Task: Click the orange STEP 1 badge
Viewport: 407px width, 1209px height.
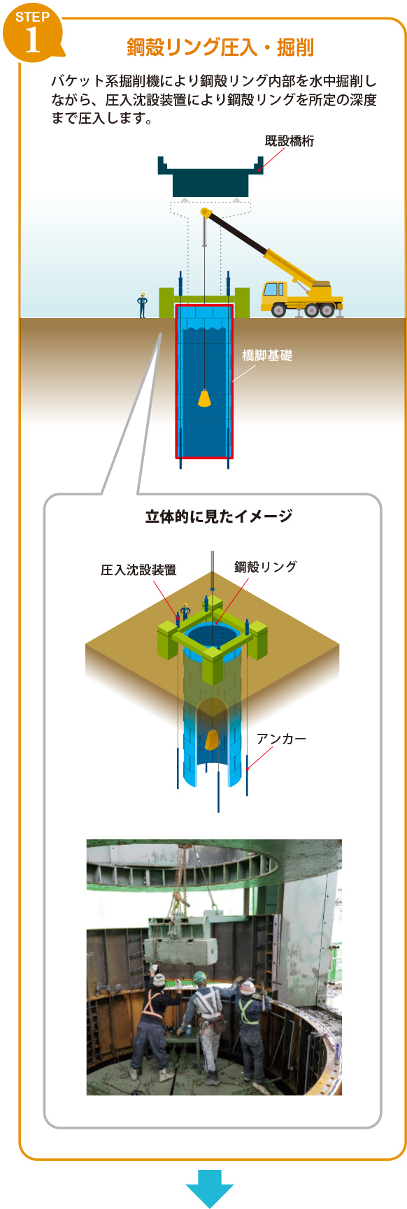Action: (32, 32)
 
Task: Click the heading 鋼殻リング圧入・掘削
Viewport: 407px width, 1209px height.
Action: (220, 48)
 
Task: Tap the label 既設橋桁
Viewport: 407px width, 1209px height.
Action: (290, 141)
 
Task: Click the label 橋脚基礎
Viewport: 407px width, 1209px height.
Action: (267, 356)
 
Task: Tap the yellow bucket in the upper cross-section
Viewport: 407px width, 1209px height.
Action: (204, 398)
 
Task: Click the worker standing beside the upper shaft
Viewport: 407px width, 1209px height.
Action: (143, 305)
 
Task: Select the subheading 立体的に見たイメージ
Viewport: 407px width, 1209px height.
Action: (219, 516)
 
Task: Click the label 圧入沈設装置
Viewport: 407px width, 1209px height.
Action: (138, 570)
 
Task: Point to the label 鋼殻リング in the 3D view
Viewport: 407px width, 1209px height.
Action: (266, 567)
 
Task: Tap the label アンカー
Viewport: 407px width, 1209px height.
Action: (281, 739)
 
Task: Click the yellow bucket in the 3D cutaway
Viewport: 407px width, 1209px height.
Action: (211, 739)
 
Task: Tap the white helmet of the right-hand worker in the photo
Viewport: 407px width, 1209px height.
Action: (247, 987)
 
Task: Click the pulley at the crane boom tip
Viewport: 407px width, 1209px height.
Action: (206, 212)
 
